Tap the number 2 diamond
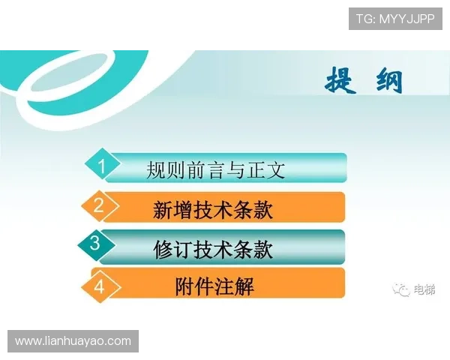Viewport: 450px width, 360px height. (98, 205)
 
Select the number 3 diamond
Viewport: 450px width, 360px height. (94, 244)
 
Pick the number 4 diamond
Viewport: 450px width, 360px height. (100, 286)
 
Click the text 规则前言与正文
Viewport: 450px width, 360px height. (216, 169)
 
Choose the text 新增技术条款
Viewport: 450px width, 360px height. (213, 208)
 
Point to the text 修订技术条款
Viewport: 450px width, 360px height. (213, 247)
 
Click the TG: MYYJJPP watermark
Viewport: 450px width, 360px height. (395, 19)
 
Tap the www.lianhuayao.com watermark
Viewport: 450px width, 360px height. (73, 341)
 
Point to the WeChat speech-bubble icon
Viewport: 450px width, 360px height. (403, 289)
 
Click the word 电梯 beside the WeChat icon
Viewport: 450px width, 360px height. (424, 289)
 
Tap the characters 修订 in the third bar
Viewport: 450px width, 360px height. (173, 247)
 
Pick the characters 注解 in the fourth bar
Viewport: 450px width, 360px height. (235, 286)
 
